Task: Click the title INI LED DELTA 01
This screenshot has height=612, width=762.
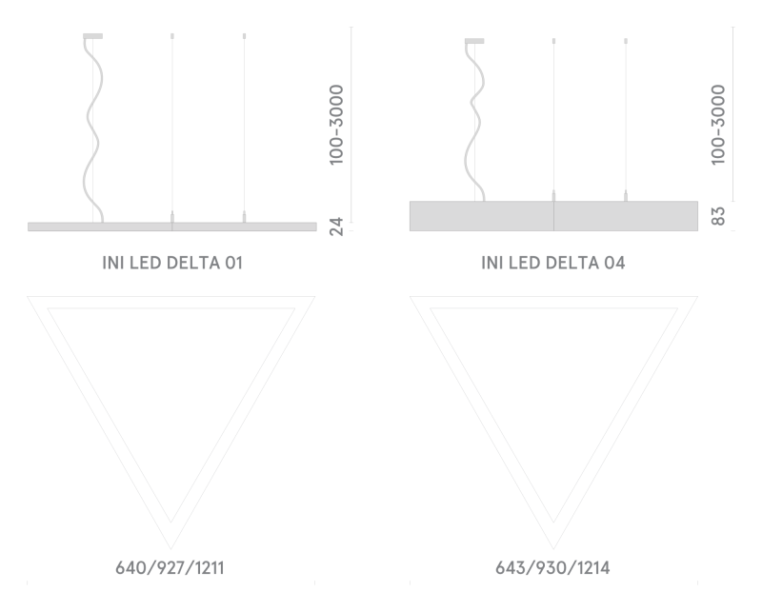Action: pyautogui.click(x=172, y=263)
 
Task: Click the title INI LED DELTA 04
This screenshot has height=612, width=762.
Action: pyautogui.click(x=553, y=263)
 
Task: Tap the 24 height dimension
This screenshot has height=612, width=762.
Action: pyautogui.click(x=336, y=227)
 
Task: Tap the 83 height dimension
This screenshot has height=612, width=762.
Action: pyautogui.click(x=718, y=216)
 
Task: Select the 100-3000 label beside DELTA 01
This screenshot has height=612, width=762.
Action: pyautogui.click(x=336, y=125)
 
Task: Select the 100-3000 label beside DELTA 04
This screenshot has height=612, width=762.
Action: pyautogui.click(x=718, y=125)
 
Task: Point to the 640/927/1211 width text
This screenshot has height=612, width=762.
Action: pyautogui.click(x=170, y=568)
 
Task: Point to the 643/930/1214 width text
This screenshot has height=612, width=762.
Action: pyautogui.click(x=552, y=568)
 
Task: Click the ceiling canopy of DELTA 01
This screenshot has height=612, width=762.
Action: pyautogui.click(x=92, y=36)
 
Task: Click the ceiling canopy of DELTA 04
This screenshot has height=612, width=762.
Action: pyautogui.click(x=474, y=41)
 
